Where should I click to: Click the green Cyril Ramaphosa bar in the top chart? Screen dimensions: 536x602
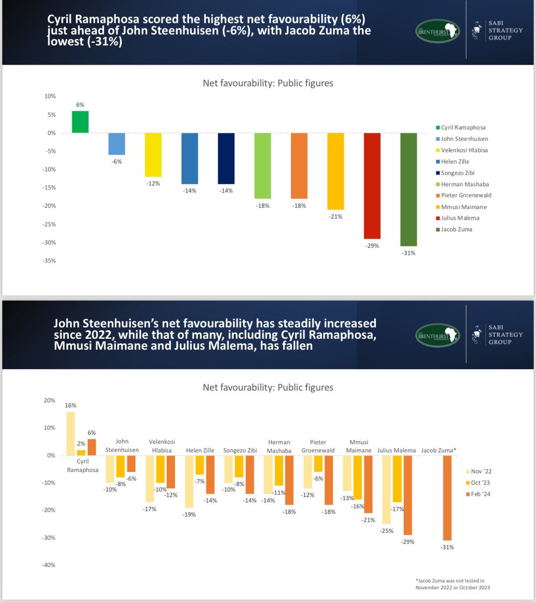[x=80, y=122]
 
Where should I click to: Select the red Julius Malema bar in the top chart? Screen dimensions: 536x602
[x=372, y=186]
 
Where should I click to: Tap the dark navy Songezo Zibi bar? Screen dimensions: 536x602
[x=226, y=159]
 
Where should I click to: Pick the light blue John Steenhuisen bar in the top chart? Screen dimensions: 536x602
[x=117, y=144]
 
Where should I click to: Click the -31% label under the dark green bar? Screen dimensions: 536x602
[x=409, y=253]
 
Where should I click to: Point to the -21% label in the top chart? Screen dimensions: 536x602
[x=335, y=217]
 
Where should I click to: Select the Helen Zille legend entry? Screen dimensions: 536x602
[x=453, y=162]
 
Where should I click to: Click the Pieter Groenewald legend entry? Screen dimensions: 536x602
[x=463, y=195]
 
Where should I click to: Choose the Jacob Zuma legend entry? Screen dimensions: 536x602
[x=454, y=229]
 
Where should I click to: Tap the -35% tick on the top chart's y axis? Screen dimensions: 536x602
[x=49, y=261]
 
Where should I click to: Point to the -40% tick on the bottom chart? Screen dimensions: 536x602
[x=49, y=565]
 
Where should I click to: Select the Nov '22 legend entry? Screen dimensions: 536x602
[x=479, y=471]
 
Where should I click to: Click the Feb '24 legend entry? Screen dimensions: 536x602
[x=478, y=494]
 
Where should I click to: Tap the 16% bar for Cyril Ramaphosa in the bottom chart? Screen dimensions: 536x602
[x=71, y=433]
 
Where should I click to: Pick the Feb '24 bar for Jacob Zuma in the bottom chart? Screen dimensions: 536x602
[x=447, y=498]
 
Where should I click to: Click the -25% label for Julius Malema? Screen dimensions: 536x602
[x=387, y=531]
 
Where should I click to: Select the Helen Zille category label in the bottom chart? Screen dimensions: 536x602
[x=200, y=450]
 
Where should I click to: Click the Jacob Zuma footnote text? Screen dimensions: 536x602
[x=453, y=584]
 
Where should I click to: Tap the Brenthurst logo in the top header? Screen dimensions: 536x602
[x=438, y=31]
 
